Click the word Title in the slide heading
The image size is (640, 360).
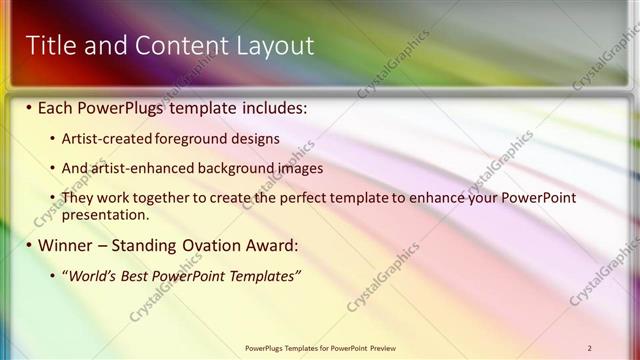coord(48,46)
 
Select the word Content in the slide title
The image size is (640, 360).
coord(176,46)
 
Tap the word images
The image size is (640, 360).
coord(297,168)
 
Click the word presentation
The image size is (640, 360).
coord(105,214)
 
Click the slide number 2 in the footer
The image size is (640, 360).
coord(590,348)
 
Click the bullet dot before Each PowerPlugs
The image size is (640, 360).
coord(29,107)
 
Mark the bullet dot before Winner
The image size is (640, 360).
coord(29,245)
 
